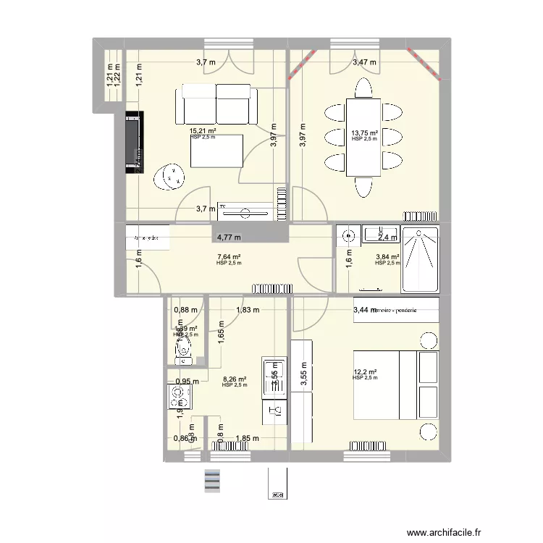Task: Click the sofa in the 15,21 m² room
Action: [x=216, y=104]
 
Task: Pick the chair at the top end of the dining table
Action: [x=363, y=88]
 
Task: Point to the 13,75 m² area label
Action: [x=365, y=133]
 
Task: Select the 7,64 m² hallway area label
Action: [x=229, y=256]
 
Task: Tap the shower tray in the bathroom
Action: [x=421, y=260]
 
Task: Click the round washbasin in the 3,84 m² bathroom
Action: [x=349, y=235]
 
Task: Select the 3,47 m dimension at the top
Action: [x=364, y=63]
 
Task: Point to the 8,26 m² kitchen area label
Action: [x=234, y=379]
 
